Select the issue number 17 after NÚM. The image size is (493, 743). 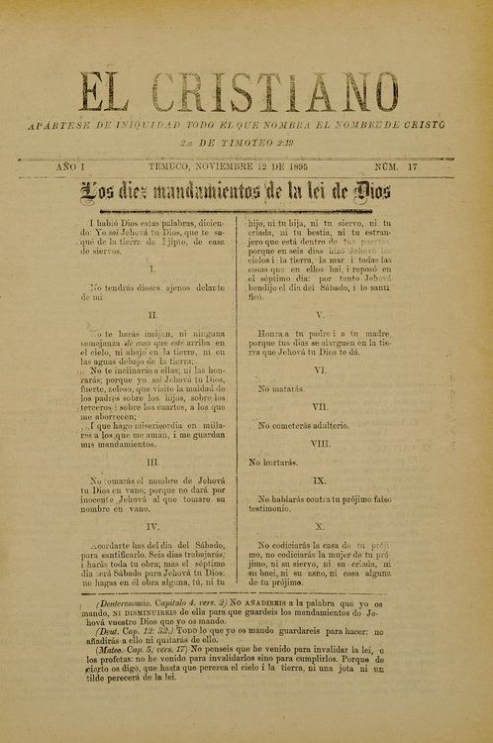412,167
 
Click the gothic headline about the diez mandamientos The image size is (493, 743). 247,191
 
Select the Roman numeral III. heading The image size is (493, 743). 153,462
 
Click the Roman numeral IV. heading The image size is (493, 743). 153,526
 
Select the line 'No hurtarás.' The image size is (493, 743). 275,462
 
